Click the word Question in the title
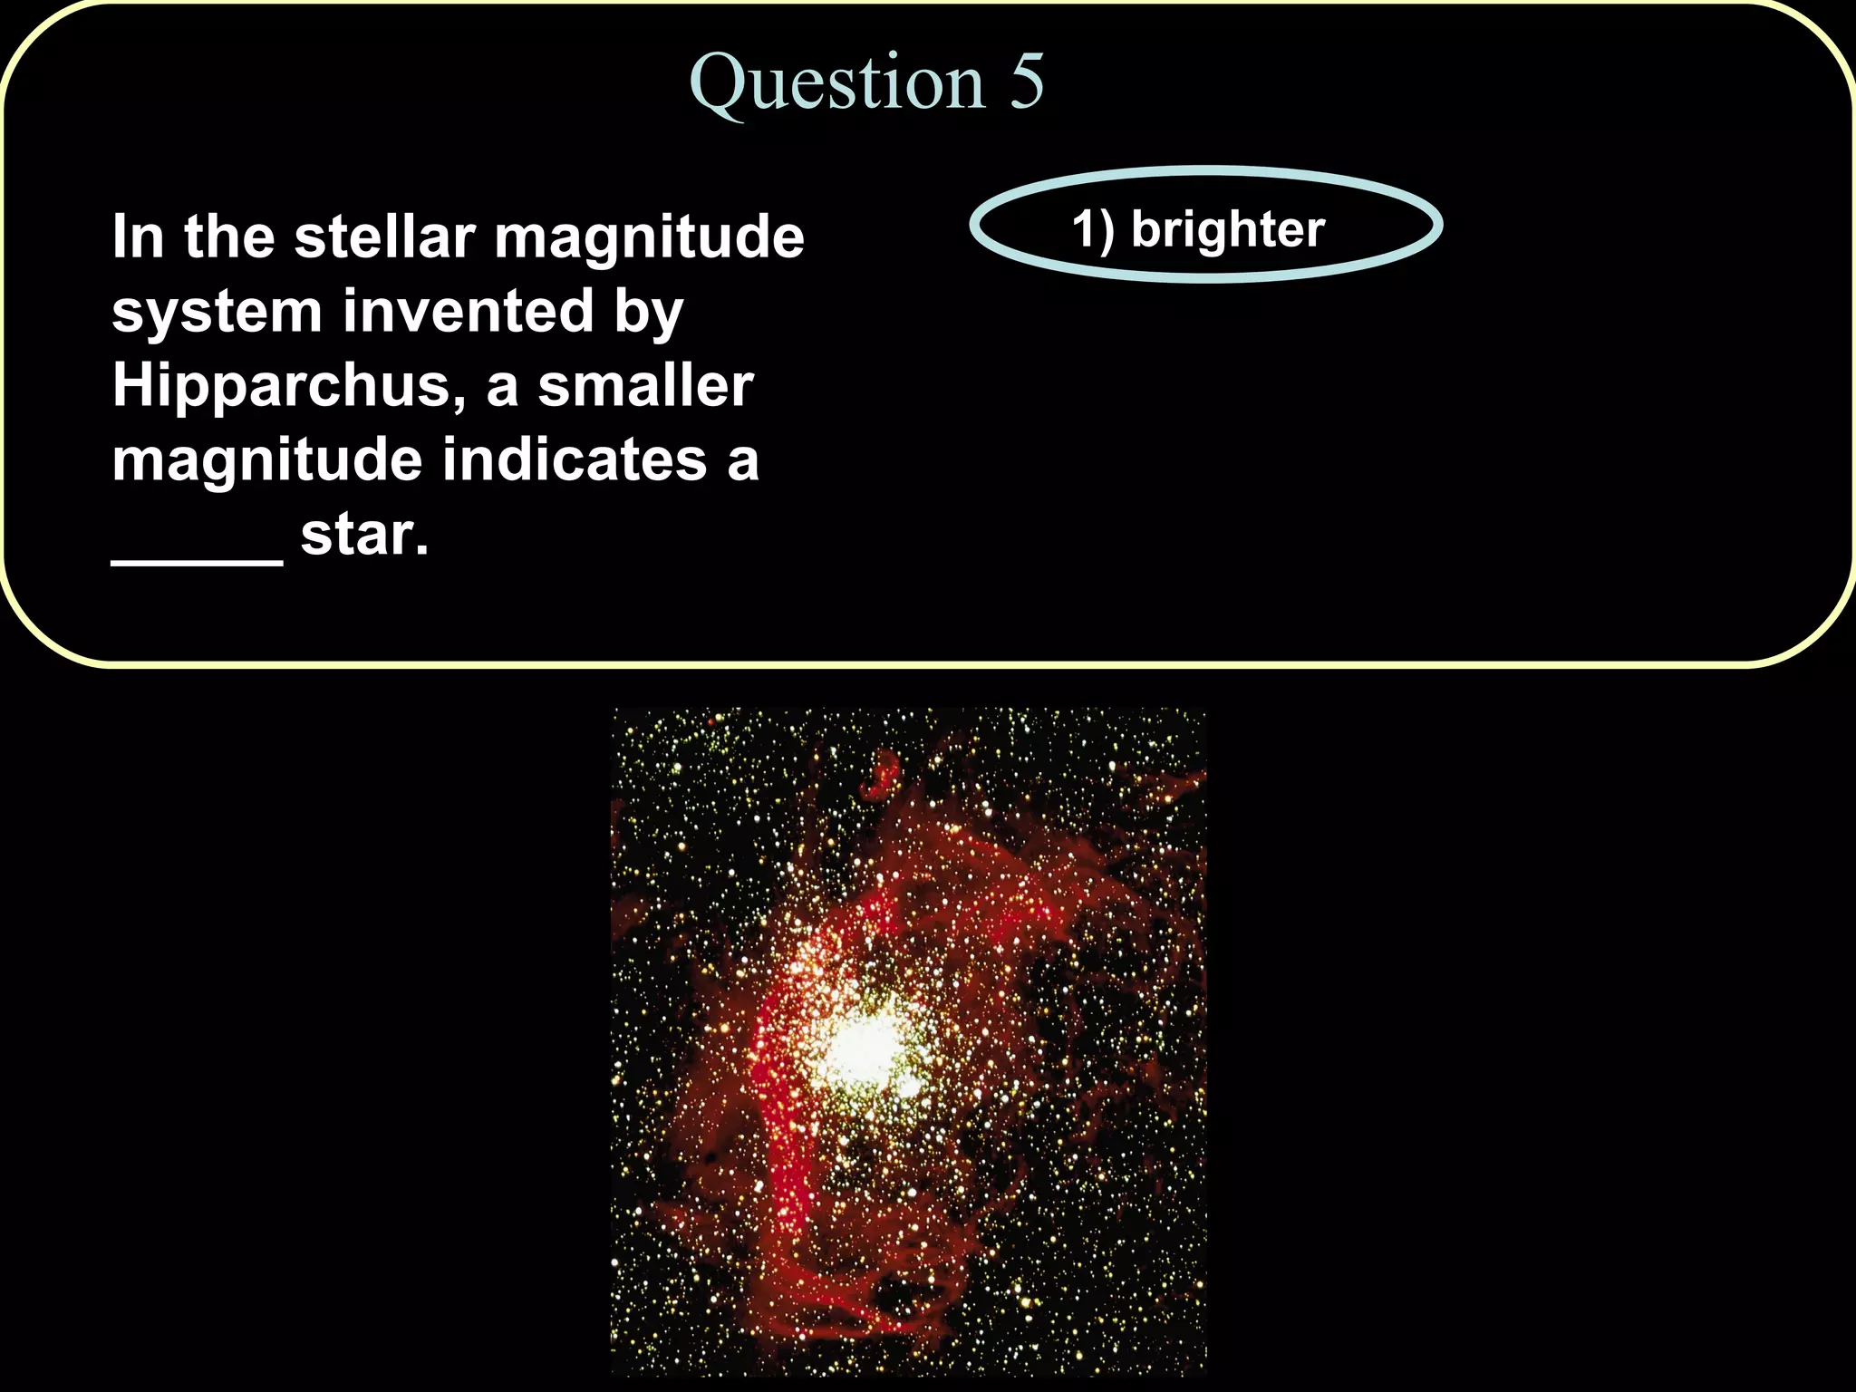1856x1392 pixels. coord(836,83)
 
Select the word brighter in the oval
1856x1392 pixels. coord(1228,229)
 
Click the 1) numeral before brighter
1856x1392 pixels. coord(1093,229)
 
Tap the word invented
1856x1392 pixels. coord(468,312)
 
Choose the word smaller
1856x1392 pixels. coord(645,386)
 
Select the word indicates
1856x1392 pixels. coord(574,459)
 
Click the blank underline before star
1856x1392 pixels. coord(197,560)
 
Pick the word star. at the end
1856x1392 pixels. coord(364,535)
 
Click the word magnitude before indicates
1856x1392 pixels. coord(266,461)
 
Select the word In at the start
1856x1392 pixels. coord(138,237)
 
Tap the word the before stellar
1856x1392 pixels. coord(229,237)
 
